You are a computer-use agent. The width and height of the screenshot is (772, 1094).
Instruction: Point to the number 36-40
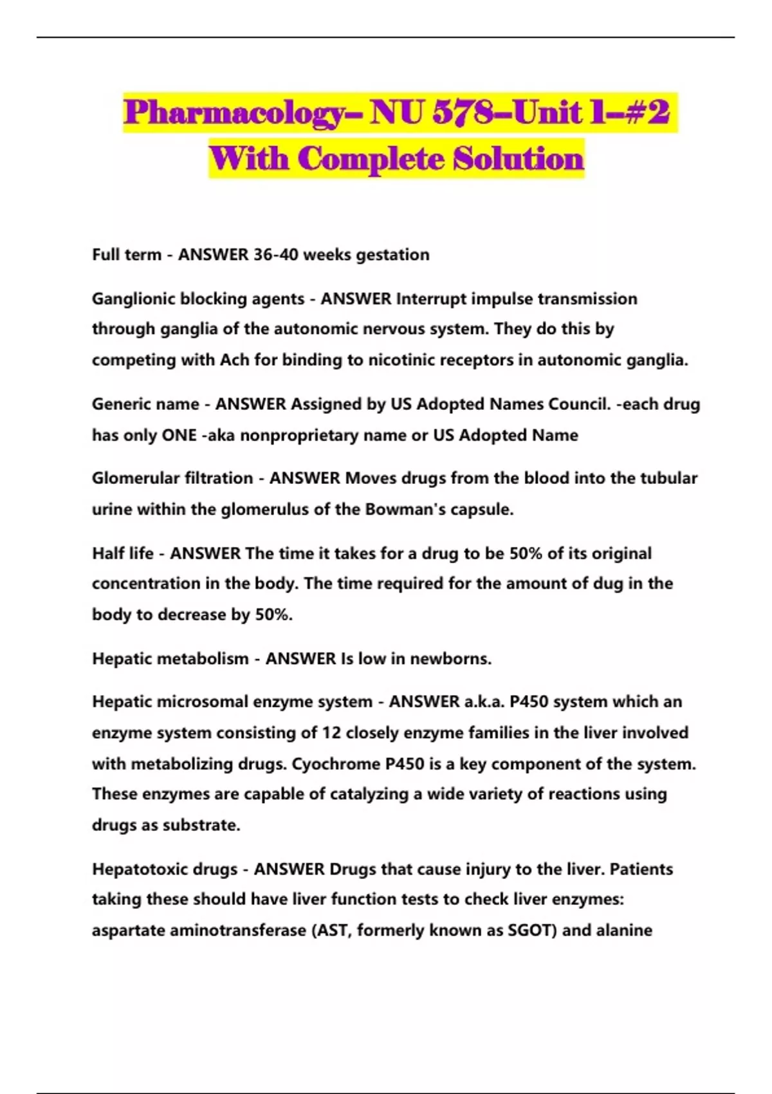[276, 255]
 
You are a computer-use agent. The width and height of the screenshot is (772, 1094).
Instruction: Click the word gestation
[392, 255]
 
